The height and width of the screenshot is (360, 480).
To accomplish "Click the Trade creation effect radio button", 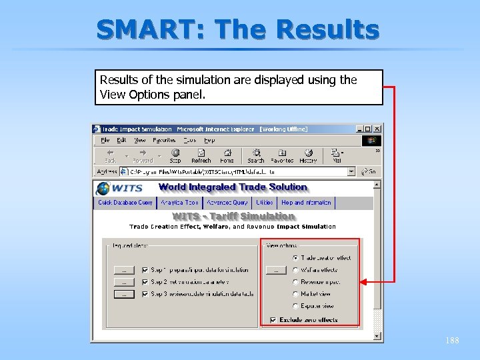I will pyautogui.click(x=295, y=258).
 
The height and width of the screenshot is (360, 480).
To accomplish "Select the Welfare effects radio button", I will pyautogui.click(x=295, y=270).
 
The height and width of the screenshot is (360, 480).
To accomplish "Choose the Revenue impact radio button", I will pyautogui.click(x=295, y=282).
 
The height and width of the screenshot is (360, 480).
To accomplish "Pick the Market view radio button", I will pyautogui.click(x=295, y=294).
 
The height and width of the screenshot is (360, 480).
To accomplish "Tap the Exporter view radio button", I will pyautogui.click(x=295, y=306).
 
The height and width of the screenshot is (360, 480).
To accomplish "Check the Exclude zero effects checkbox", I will pyautogui.click(x=273, y=320).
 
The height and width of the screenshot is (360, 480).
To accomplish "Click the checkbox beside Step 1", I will pyautogui.click(x=145, y=270).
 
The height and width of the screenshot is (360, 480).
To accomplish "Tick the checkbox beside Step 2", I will pyautogui.click(x=145, y=282).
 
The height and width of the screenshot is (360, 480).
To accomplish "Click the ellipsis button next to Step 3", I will pyautogui.click(x=123, y=294).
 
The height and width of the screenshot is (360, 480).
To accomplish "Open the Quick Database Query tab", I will pyautogui.click(x=125, y=203).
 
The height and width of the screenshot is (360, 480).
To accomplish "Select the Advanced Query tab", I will pyautogui.click(x=227, y=203).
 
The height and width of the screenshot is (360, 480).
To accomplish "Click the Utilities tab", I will pyautogui.click(x=265, y=203).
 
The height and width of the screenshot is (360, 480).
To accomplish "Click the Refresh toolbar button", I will pyautogui.click(x=201, y=156).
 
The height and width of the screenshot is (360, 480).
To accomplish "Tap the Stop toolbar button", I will pyautogui.click(x=175, y=156).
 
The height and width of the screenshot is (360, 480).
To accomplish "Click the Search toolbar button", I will pyautogui.click(x=256, y=156).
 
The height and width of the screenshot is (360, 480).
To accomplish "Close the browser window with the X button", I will pyautogui.click(x=377, y=129).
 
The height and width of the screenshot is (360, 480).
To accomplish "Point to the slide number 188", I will pyautogui.click(x=452, y=341).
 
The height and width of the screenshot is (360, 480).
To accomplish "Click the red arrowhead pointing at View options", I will pyautogui.click(x=362, y=283).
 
